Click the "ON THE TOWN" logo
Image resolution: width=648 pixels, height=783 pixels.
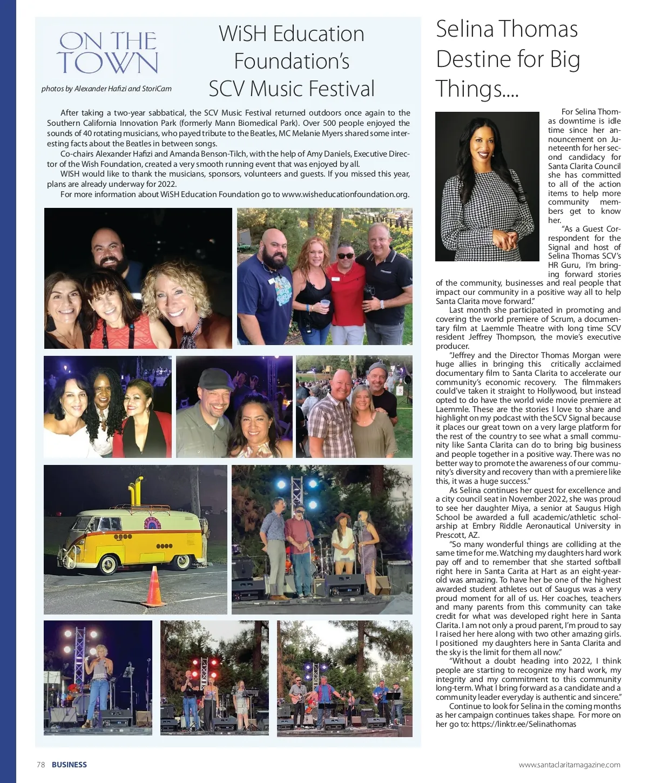tap(107, 52)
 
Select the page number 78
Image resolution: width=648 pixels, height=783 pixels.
tap(40, 765)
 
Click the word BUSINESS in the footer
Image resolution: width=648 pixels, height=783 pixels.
tap(69, 765)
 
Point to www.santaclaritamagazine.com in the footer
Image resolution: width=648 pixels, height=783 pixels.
tap(569, 765)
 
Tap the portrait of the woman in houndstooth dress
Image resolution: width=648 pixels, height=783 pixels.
tap(487, 186)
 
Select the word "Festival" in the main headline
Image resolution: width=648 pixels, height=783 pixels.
tap(338, 89)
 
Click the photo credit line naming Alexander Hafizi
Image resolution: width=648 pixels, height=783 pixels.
tap(106, 89)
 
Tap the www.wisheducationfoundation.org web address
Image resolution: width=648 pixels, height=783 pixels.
tap(345, 194)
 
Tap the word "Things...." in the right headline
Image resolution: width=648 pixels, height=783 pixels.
tap(477, 89)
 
